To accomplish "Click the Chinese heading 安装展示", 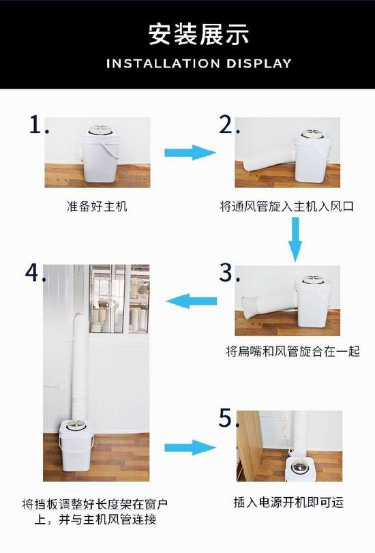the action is (198, 35).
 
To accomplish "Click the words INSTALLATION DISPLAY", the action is (199, 63).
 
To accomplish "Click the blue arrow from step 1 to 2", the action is (190, 152).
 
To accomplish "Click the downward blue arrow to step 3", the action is (295, 239).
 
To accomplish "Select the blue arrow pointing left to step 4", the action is (191, 301).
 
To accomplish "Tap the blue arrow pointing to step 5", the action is (190, 447).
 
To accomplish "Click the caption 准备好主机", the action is (97, 207).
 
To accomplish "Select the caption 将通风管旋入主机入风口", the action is (286, 207).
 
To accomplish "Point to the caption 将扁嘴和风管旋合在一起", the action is (292, 351).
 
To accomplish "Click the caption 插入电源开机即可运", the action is (288, 503).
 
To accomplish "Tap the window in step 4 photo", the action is (119, 299).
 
